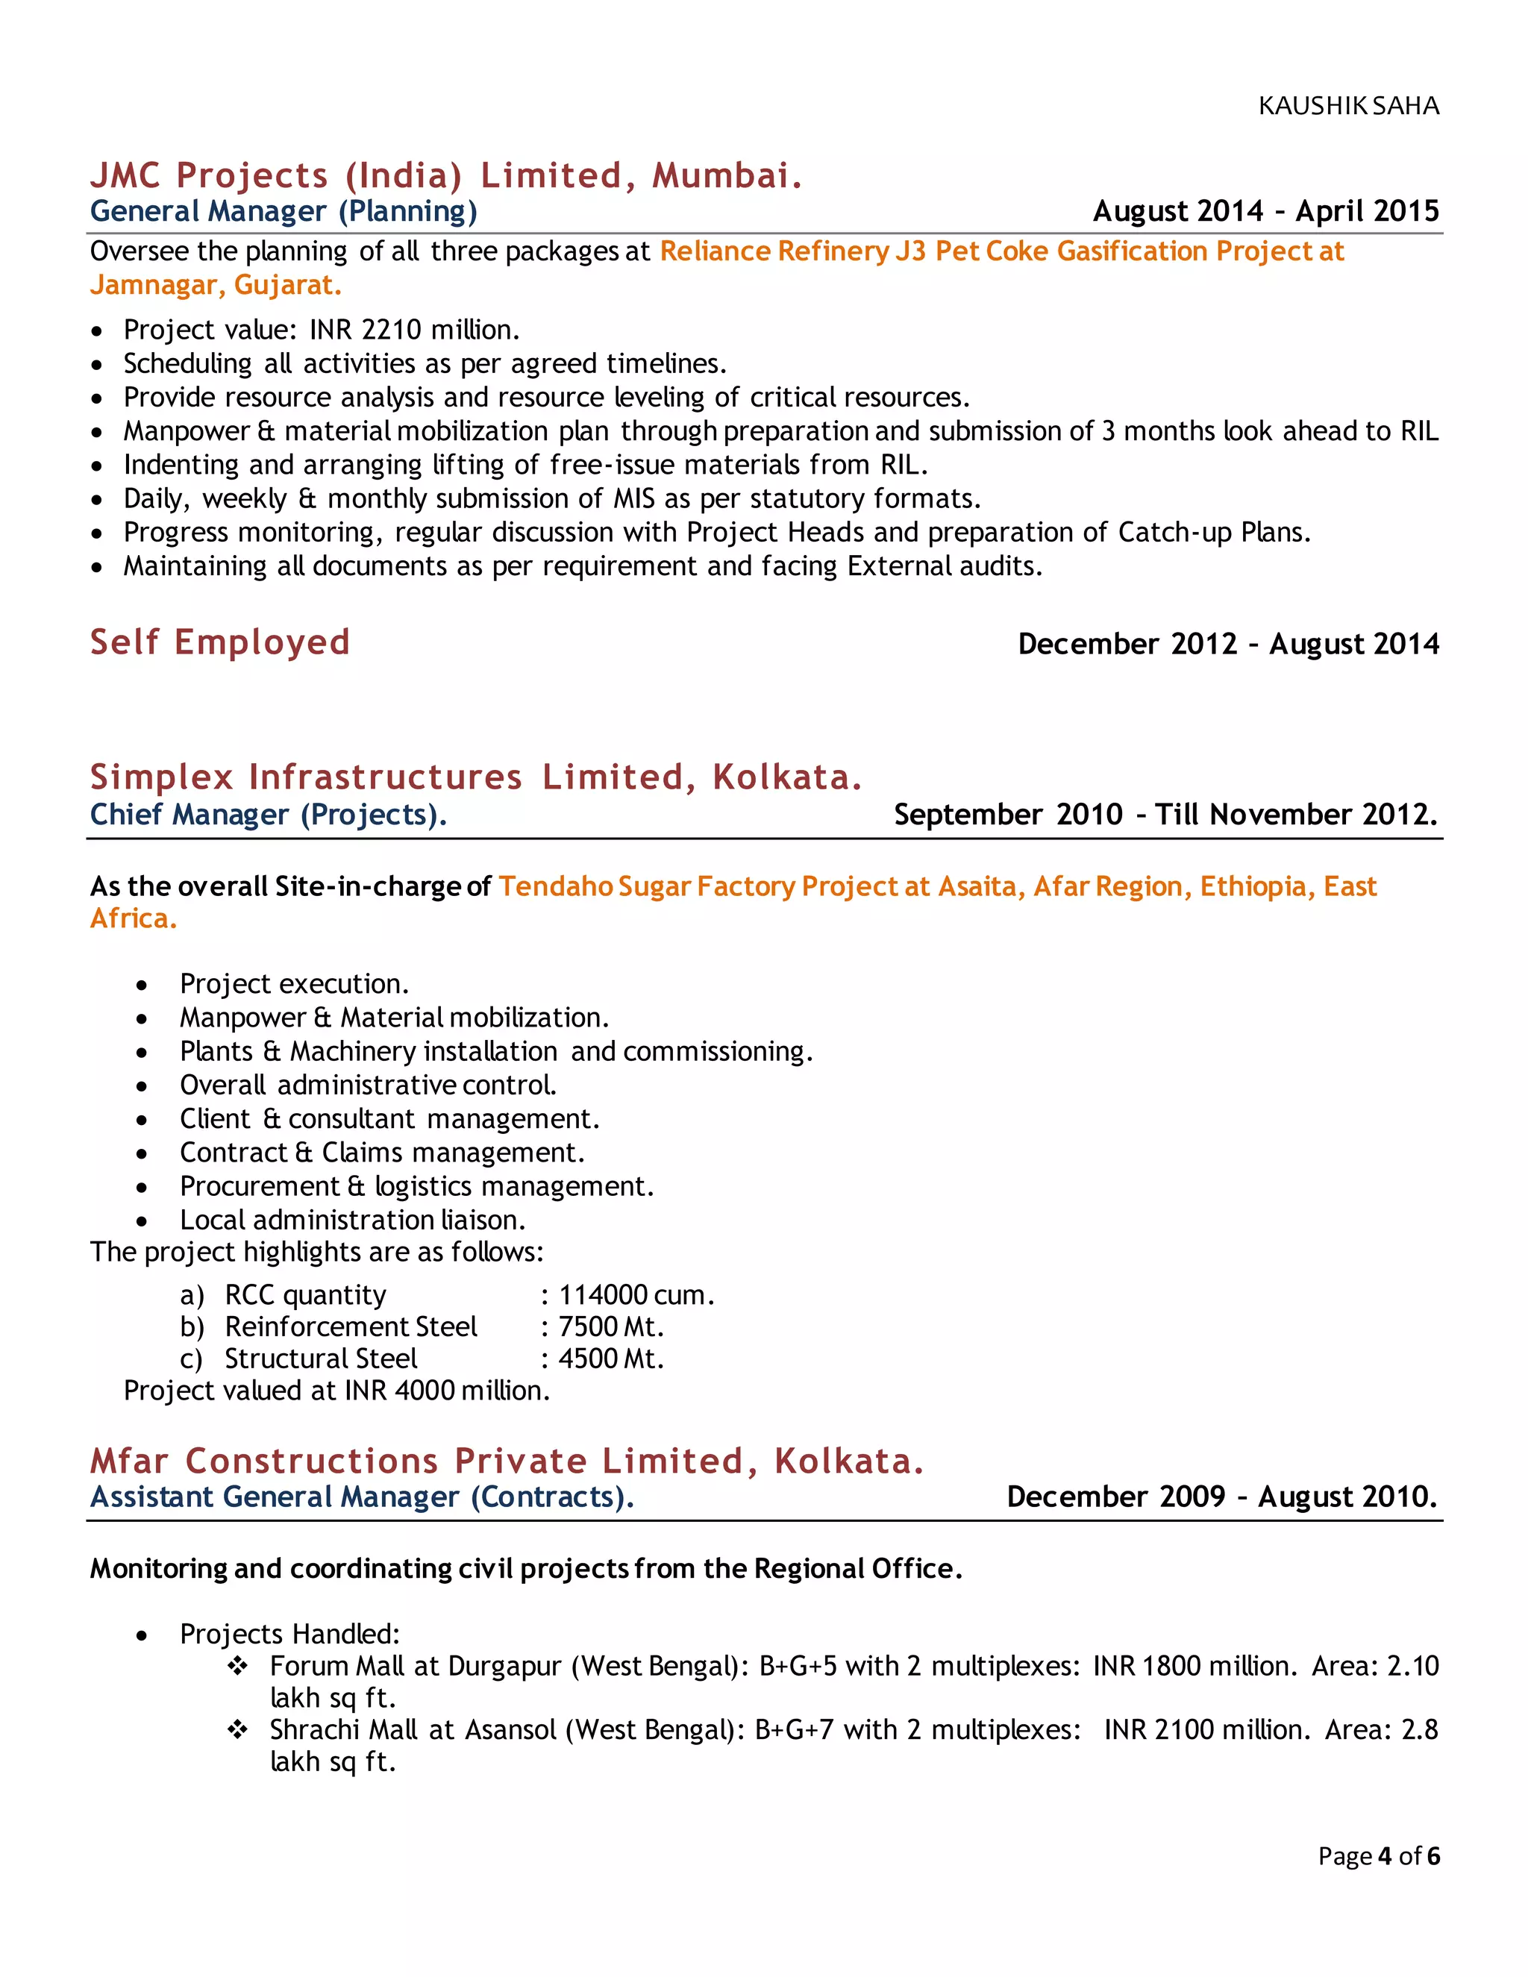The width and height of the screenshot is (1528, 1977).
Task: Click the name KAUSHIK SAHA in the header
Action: point(1348,106)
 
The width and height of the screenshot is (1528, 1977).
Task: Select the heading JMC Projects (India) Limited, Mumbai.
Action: point(445,175)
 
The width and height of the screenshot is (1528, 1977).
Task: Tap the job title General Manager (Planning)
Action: point(284,211)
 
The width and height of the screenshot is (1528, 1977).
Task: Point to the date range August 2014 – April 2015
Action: point(1265,211)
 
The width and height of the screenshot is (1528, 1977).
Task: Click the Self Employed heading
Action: point(219,642)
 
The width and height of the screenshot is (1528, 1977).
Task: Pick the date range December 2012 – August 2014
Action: point(1227,644)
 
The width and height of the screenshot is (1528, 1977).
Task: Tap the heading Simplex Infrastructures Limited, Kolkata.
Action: point(475,777)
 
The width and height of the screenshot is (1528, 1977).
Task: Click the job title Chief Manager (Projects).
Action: point(268,814)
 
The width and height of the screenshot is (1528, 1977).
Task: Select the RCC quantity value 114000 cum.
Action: point(636,1294)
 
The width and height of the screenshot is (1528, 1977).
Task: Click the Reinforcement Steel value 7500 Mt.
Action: point(611,1326)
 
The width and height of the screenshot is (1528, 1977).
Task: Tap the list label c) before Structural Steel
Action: point(191,1359)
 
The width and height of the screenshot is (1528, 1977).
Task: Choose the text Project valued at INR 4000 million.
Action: point(336,1391)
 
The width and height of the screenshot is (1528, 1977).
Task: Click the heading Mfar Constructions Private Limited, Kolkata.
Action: point(506,1461)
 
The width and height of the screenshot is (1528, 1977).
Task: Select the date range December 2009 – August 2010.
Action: point(1221,1497)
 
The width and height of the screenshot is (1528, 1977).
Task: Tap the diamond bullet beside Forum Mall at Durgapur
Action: point(237,1666)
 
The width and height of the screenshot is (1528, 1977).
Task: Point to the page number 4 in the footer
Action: point(1384,1857)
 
